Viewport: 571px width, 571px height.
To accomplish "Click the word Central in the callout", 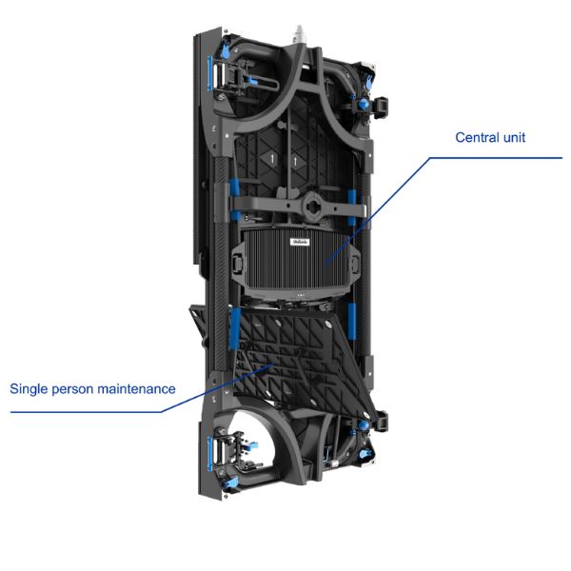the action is pyautogui.click(x=477, y=137).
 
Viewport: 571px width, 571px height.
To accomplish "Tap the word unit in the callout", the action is pyautogui.click(x=514, y=137).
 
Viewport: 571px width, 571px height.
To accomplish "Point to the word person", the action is pyautogui.click(x=73, y=389).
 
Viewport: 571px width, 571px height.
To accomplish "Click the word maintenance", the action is pyautogui.click(x=136, y=389).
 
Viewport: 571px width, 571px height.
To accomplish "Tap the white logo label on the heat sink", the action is pyautogui.click(x=300, y=242).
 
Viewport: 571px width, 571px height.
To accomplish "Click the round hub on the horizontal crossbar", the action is pyautogui.click(x=312, y=207).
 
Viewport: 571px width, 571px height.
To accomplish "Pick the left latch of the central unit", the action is pyautogui.click(x=237, y=263).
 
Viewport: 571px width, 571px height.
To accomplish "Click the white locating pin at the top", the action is pyautogui.click(x=300, y=34).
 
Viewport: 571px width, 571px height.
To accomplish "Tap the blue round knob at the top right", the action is pyautogui.click(x=364, y=104).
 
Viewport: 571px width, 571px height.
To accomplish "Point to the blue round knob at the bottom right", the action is pyautogui.click(x=363, y=425).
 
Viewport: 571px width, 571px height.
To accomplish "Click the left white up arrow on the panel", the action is pyautogui.click(x=272, y=158).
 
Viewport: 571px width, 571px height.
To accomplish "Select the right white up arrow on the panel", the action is pyautogui.click(x=295, y=160).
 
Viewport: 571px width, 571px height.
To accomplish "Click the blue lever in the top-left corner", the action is pyautogui.click(x=226, y=50).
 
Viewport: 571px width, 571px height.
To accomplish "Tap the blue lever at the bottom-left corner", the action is pyautogui.click(x=230, y=483).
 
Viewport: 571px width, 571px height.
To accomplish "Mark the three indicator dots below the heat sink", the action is pyautogui.click(x=300, y=295).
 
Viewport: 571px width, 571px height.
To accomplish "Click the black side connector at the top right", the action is pyautogui.click(x=381, y=107).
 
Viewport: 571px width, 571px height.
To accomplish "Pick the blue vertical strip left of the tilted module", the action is pyautogui.click(x=235, y=328).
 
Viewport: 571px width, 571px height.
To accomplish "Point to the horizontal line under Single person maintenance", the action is pyautogui.click(x=86, y=412).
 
